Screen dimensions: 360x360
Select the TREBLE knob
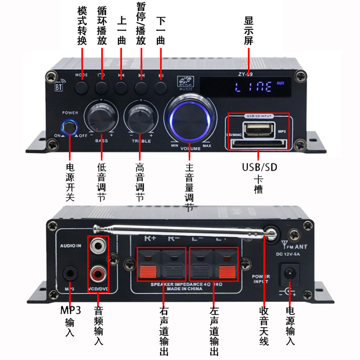[139, 116]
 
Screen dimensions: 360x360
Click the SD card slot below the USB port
[258, 144]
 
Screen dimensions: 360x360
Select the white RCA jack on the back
[97, 246]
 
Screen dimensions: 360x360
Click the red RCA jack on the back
[97, 272]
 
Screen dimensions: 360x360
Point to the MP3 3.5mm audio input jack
[70, 273]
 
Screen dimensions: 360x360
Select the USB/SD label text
[259, 167]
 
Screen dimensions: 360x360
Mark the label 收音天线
[264, 326]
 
